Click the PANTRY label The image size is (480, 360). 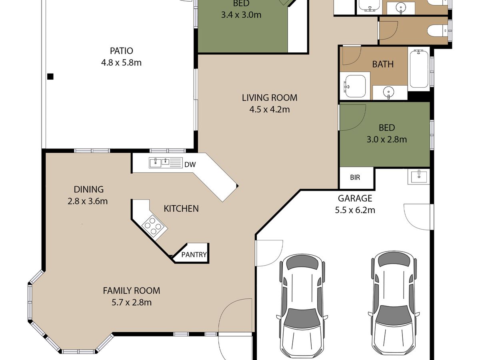(194, 255)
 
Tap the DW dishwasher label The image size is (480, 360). (190, 164)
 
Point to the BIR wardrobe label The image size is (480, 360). (355, 177)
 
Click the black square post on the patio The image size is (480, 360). (50, 76)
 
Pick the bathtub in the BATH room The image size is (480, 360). (419, 69)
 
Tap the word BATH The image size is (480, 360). (383, 64)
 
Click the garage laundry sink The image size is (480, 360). (419, 177)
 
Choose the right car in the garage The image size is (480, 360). (394, 305)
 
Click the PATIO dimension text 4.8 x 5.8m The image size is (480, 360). (121, 63)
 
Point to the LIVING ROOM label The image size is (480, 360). (270, 98)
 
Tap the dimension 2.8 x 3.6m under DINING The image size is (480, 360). (88, 201)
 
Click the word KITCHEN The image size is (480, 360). (181, 209)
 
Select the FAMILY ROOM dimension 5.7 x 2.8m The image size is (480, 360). (132, 302)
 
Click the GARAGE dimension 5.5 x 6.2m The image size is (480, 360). (355, 210)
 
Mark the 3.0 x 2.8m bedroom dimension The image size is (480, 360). (387, 140)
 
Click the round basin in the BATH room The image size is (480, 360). (389, 90)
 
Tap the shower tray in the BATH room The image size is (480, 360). (355, 86)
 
